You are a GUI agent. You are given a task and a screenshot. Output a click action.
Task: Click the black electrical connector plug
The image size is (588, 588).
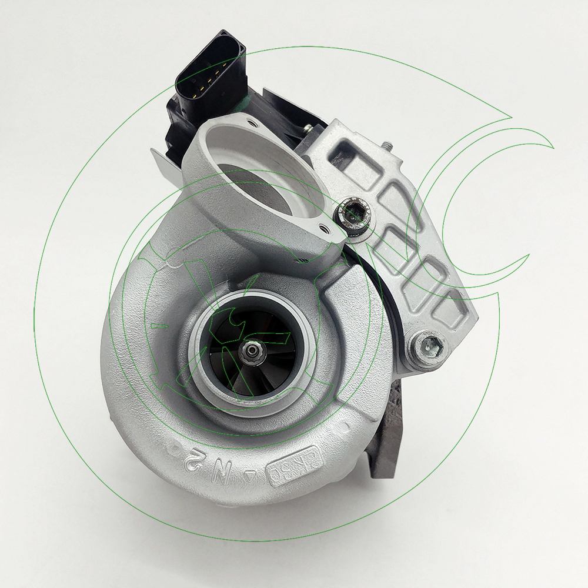(206, 82)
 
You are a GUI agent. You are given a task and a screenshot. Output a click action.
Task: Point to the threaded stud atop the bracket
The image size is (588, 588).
(388, 145)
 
